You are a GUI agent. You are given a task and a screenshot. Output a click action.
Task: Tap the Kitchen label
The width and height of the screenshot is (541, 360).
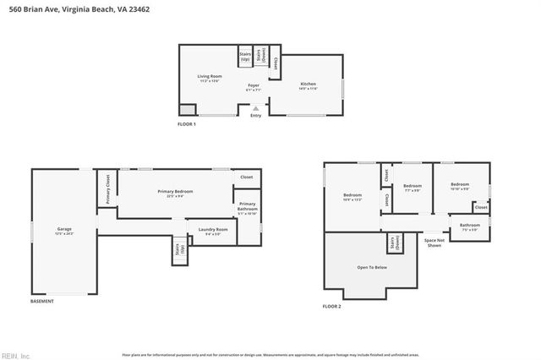point(308,85)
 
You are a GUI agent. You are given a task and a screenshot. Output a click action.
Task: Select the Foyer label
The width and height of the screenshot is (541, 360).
point(253,86)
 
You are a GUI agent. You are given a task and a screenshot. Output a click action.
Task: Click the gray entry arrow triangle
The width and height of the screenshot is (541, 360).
point(256,108)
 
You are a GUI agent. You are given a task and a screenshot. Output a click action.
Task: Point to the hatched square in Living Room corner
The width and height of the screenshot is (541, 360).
point(188,109)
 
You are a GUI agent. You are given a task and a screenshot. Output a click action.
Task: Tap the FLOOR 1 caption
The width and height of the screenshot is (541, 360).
point(186,124)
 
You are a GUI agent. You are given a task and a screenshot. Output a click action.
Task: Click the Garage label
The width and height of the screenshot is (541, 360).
point(63,230)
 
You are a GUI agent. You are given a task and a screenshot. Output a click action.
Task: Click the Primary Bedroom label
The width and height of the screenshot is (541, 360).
point(175,193)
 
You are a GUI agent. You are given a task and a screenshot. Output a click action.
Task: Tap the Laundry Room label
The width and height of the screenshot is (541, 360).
point(212,230)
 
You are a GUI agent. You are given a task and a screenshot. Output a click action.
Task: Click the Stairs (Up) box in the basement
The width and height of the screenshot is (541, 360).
point(178,250)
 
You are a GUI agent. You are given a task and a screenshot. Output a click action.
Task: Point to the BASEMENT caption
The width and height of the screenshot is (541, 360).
point(42,302)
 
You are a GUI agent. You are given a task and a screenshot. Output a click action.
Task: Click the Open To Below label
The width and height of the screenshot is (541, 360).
point(371,267)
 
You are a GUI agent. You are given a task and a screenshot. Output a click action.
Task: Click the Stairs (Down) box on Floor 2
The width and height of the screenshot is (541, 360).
point(393,243)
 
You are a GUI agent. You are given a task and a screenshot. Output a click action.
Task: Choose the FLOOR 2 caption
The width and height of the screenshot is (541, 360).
point(331,306)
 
